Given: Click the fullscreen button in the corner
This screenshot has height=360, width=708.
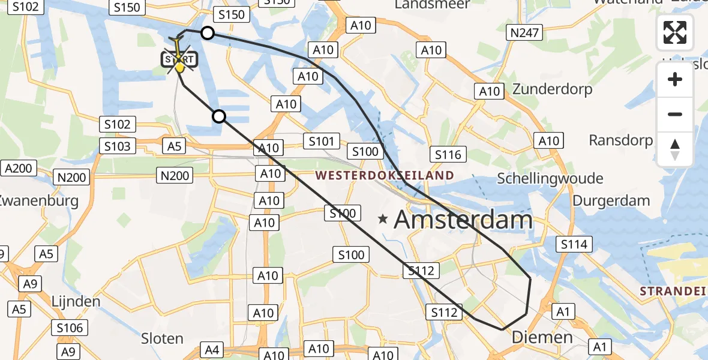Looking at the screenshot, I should (675, 32).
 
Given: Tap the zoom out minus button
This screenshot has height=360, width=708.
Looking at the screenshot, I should (675, 114).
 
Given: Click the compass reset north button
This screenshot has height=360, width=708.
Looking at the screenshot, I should (675, 149).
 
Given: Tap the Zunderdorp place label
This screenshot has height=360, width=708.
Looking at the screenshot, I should (552, 89).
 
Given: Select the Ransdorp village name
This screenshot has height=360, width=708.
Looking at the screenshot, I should (620, 140).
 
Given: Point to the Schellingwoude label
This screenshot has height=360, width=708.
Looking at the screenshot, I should (550, 179).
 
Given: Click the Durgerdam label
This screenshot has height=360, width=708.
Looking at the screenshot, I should (611, 200).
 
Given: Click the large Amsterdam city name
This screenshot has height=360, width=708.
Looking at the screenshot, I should (463, 220).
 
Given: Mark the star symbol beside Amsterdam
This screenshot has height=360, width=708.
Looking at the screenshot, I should (383, 220).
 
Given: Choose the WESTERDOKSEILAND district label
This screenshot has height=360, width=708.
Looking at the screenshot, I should (385, 176).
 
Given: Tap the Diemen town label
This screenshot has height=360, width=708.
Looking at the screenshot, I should (542, 337).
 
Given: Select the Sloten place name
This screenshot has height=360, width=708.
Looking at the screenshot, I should (162, 338).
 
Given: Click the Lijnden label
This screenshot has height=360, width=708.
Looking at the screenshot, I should (76, 301).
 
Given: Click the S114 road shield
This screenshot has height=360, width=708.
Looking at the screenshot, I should (574, 244).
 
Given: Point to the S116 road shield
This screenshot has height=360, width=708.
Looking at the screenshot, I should (448, 155).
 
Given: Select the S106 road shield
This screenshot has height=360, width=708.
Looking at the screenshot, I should (70, 328).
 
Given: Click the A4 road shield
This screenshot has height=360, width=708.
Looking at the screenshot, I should (213, 350).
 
